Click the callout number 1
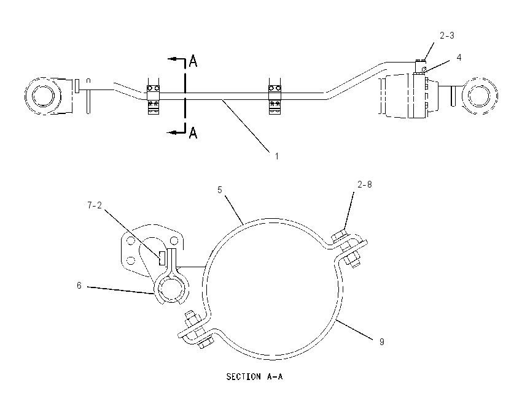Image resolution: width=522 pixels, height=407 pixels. click(276, 156)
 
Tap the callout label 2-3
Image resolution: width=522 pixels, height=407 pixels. click(446, 36)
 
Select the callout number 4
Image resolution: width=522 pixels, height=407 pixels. click(459, 58)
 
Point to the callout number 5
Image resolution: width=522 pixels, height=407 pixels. click(220, 190)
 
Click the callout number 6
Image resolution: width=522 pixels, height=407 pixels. click(79, 286)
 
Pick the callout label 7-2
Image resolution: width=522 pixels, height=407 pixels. click(95, 206)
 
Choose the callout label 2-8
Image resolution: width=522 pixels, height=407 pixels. click(365, 184)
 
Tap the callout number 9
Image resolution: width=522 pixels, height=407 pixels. click(382, 341)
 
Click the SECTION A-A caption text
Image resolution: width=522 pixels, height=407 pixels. click(255, 376)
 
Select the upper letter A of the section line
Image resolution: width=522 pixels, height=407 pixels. click(193, 61)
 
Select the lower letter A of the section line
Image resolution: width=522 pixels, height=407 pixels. click(193, 132)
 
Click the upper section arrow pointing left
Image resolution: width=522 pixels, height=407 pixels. click(176, 59)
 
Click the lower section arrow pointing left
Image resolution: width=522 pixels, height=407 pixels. click(176, 132)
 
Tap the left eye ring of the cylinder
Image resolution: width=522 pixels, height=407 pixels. click(43, 96)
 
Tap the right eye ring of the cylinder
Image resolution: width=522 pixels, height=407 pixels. click(480, 96)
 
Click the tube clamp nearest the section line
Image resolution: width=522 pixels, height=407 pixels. click(154, 96)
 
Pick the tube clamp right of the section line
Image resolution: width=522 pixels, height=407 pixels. click(275, 96)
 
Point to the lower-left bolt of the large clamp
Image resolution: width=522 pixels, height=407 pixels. click(197, 329)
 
